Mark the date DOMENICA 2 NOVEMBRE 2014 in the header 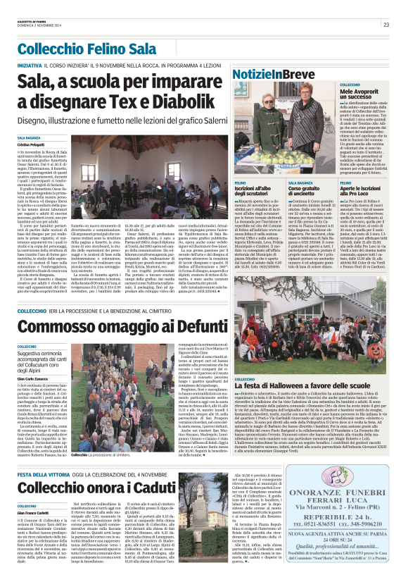pos(36,27)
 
